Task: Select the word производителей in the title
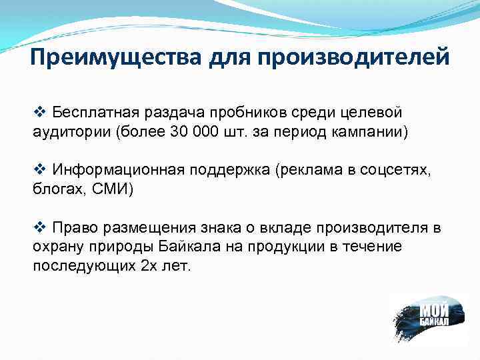tap(354, 58)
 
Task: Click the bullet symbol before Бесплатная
tap(39, 109)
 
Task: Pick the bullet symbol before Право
tap(39, 229)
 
